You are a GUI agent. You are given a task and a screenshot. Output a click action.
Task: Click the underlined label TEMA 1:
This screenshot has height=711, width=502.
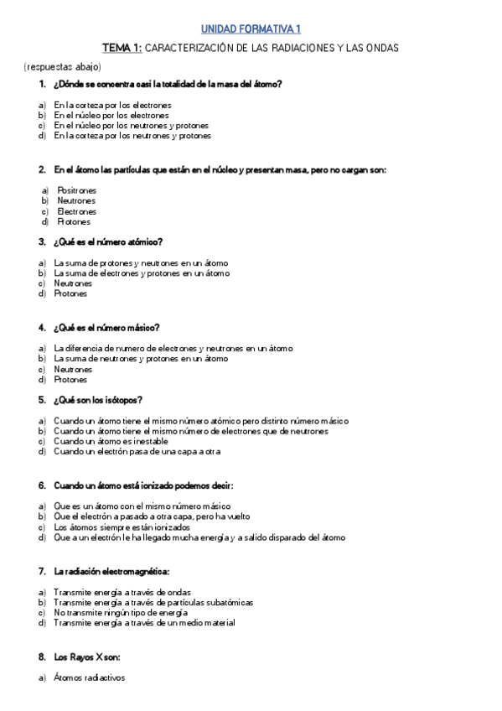[x=122, y=49]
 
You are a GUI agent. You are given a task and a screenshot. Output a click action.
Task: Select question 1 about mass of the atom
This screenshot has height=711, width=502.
[x=167, y=84]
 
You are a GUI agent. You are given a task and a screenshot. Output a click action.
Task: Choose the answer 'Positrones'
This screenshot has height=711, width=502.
[x=76, y=190]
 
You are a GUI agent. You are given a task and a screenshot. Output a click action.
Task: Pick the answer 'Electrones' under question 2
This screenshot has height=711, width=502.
[x=76, y=211]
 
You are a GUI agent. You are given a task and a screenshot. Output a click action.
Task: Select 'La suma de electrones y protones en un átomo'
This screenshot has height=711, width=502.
[x=141, y=272]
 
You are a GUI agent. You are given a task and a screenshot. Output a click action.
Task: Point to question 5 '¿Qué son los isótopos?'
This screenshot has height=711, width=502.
[x=97, y=399]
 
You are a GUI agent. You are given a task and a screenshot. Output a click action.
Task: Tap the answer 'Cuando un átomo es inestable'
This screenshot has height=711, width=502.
[x=111, y=441]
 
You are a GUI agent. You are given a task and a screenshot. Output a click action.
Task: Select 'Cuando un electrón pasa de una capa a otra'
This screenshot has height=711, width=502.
[x=137, y=451]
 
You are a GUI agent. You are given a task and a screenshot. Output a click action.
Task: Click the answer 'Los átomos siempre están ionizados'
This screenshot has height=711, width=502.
[x=122, y=527]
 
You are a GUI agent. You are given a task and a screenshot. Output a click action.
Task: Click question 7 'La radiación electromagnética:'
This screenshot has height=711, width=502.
[x=111, y=571]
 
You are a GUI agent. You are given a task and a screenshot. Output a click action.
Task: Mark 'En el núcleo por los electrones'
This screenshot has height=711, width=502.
[x=111, y=115]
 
